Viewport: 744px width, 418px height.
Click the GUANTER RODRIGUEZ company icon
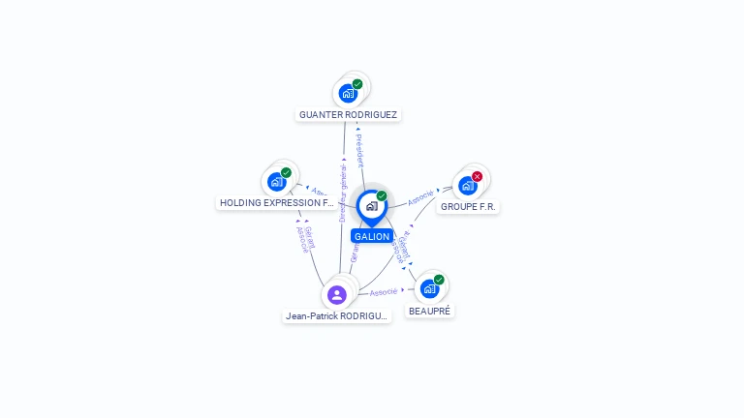click(347, 94)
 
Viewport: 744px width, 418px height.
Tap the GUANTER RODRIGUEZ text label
click(348, 114)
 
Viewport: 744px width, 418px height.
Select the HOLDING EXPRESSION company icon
click(276, 181)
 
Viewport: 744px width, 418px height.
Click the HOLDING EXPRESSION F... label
click(276, 203)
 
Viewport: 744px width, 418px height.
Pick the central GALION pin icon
click(371, 206)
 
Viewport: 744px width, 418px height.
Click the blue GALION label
click(371, 236)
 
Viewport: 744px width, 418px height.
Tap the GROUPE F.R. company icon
click(468, 185)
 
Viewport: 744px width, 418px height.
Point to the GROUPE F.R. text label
click(469, 206)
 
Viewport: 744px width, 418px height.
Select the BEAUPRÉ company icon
click(429, 288)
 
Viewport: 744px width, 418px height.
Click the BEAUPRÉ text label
click(430, 311)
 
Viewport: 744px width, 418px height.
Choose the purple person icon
click(337, 294)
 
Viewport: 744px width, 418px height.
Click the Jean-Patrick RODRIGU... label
click(336, 315)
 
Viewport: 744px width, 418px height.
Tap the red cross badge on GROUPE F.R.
click(477, 176)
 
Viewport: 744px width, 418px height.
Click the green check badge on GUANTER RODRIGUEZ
click(357, 84)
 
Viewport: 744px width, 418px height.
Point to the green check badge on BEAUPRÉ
click(439, 280)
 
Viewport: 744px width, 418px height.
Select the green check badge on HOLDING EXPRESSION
click(286, 172)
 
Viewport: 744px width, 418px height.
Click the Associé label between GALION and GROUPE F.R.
click(420, 197)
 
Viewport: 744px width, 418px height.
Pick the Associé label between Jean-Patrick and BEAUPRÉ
click(385, 291)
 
